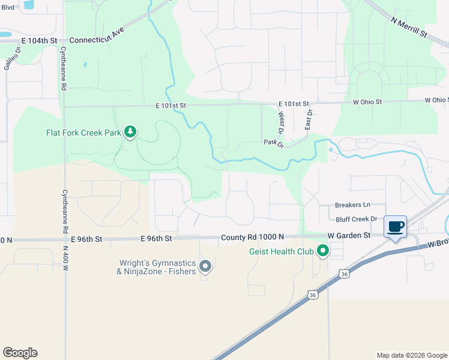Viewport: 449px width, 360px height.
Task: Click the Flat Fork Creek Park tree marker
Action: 130,132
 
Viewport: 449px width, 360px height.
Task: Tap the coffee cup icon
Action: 396,227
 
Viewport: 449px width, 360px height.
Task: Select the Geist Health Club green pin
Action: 323,251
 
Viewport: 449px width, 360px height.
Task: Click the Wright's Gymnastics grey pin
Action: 205,266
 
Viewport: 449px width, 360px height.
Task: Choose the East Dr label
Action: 309,119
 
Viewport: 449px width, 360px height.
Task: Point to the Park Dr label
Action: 273,142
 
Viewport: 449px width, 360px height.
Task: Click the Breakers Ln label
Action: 353,205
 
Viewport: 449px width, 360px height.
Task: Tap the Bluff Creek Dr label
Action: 356,220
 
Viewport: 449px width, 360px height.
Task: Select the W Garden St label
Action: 349,236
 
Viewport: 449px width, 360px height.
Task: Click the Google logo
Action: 20,353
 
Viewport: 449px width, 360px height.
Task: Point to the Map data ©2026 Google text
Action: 412,355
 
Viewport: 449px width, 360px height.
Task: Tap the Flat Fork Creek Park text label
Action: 84,133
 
